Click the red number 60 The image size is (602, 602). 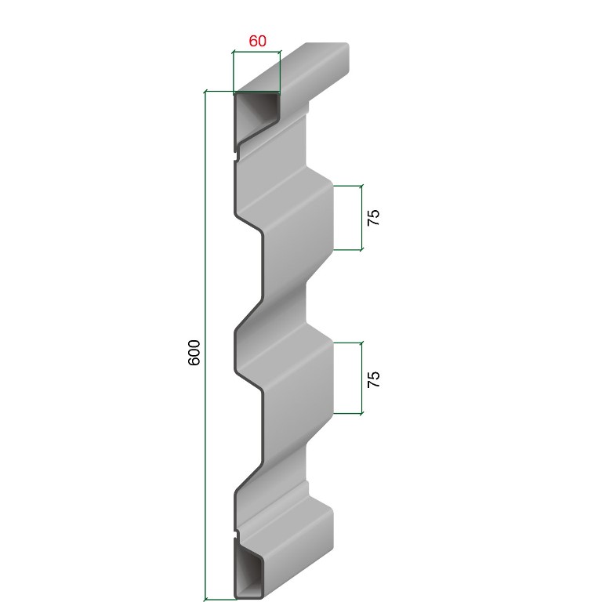[257, 41]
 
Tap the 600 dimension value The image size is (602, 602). [194, 353]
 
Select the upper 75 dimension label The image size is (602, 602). [373, 218]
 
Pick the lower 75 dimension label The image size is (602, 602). [373, 379]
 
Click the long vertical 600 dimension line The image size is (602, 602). [205, 345]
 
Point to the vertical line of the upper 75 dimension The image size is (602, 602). [361, 218]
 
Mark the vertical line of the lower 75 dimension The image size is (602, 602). [361, 378]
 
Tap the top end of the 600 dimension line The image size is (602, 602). [205, 92]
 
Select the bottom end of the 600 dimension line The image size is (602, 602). [205, 599]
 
